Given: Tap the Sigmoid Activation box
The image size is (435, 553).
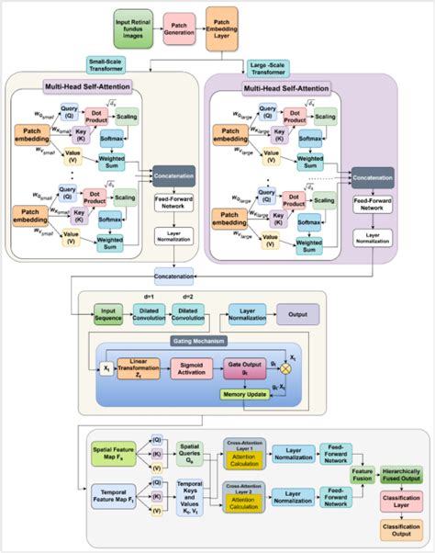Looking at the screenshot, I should pyautogui.click(x=191, y=367).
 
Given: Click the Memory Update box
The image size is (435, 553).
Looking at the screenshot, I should pyautogui.click(x=244, y=395).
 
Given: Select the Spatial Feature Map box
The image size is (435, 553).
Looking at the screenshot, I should pyautogui.click(x=113, y=452).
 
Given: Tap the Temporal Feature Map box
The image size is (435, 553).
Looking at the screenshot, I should pyautogui.click(x=111, y=502).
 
